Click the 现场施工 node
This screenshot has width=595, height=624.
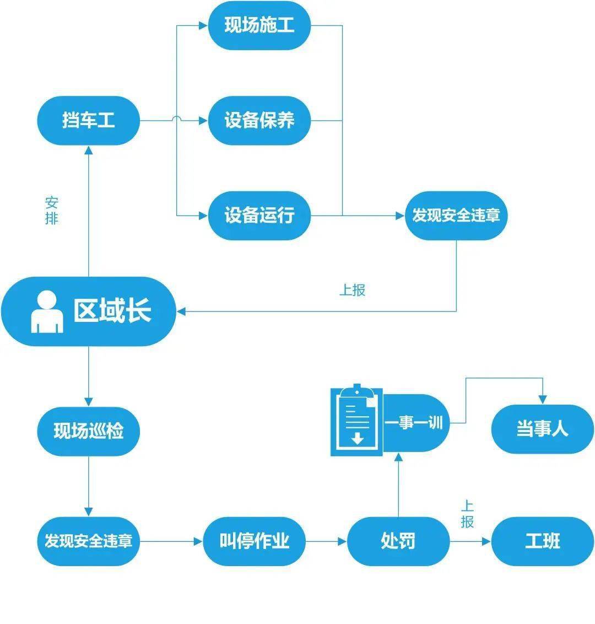(259, 25)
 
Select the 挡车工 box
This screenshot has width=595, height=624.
(88, 120)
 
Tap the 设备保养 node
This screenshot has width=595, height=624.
(259, 120)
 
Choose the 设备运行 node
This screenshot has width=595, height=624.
(259, 215)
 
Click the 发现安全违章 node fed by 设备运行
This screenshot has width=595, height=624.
(456, 215)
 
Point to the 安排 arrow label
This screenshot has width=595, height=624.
(51, 210)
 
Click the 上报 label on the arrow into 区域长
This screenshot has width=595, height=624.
(352, 290)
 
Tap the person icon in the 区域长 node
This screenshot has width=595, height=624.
(47, 311)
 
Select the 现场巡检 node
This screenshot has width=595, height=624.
(88, 431)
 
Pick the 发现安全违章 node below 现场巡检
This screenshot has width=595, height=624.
(88, 541)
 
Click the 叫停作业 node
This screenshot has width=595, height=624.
(254, 541)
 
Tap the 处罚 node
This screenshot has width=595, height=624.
(398, 541)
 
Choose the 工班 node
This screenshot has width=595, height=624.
(542, 541)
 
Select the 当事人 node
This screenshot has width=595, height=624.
(542, 429)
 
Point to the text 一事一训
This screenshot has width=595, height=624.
(414, 423)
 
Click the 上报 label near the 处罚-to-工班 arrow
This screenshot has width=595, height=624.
(467, 514)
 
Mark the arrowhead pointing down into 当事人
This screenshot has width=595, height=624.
(543, 399)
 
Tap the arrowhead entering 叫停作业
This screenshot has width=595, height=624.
(198, 541)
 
